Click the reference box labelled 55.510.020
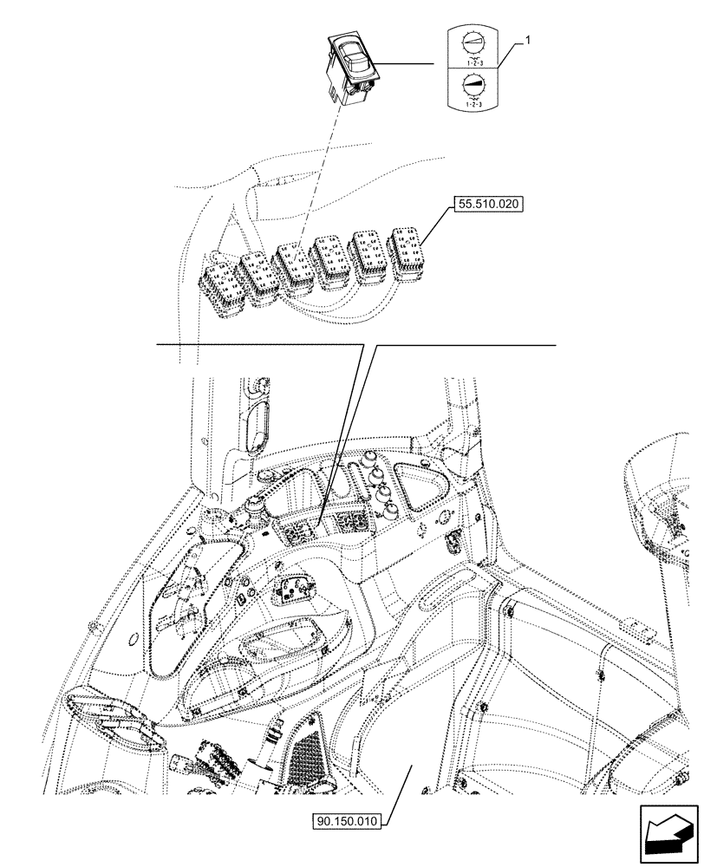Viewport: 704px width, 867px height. (488, 206)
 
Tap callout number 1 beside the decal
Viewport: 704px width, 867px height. (530, 41)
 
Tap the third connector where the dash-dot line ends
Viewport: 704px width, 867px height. (295, 270)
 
